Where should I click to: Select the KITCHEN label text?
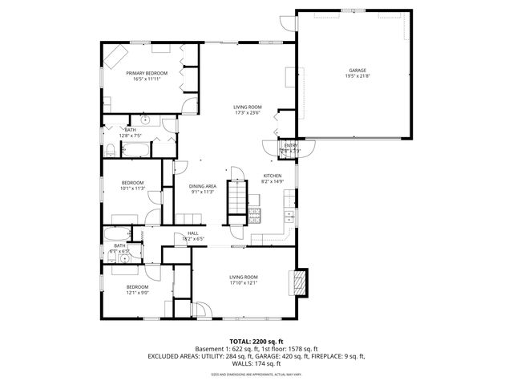[x=273, y=176]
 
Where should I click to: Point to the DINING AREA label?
[x=203, y=186]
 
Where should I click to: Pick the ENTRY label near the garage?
[x=289, y=145]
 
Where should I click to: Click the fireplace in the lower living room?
[x=300, y=279]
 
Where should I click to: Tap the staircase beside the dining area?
[x=236, y=197]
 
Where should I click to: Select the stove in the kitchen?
[x=254, y=214]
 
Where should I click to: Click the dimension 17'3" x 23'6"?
[x=248, y=112]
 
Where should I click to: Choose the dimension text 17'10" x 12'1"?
[x=243, y=282]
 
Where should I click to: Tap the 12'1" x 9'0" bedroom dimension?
[x=137, y=292]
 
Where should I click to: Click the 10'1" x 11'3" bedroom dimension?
[x=132, y=188]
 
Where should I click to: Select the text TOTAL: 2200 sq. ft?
[x=256, y=341]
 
